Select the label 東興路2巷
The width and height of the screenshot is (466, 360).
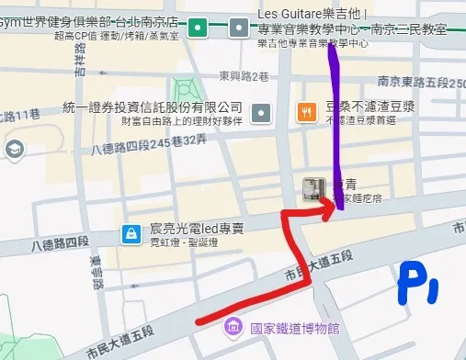click(243, 76)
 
